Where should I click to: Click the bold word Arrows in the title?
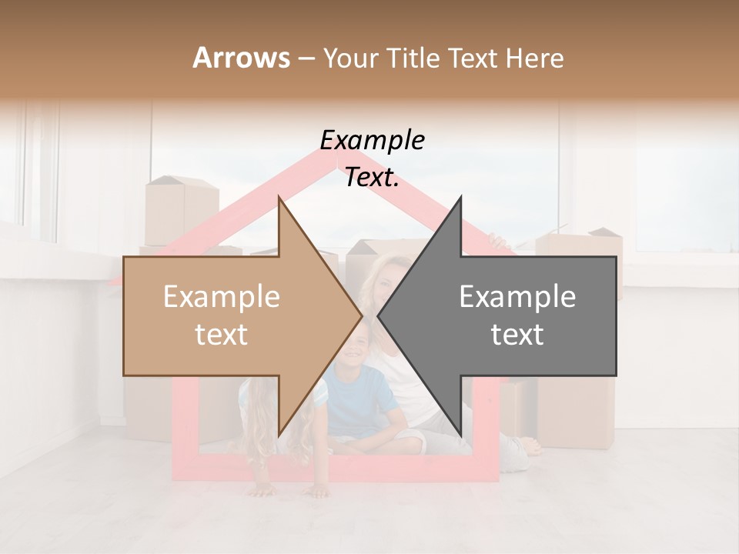pyautogui.click(x=242, y=58)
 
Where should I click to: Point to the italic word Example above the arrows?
pyautogui.click(x=372, y=141)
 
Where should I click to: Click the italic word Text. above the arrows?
pyautogui.click(x=372, y=178)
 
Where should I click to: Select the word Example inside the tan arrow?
pyautogui.click(x=222, y=297)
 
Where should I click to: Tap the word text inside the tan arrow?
pyautogui.click(x=222, y=335)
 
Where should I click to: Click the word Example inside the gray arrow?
pyautogui.click(x=517, y=297)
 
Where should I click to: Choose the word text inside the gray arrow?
pyautogui.click(x=517, y=335)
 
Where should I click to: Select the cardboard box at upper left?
pyautogui.click(x=182, y=208)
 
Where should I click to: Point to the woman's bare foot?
pyautogui.click(x=530, y=446)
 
